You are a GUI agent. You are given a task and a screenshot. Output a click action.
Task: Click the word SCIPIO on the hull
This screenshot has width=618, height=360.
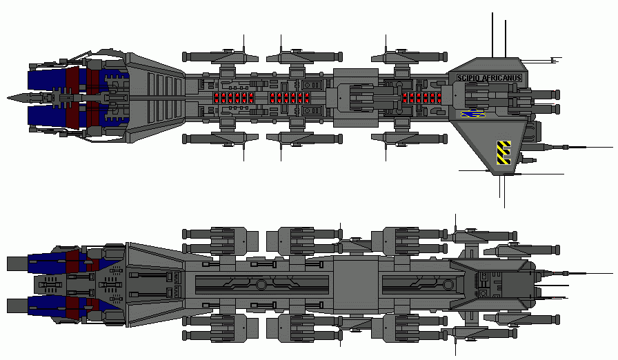(469, 79)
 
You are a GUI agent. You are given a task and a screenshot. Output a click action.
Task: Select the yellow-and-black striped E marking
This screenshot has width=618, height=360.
(504, 152)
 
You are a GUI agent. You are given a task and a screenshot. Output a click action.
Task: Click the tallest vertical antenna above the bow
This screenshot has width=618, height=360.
(492, 34)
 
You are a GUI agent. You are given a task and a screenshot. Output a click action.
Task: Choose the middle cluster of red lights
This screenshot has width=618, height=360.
(288, 97)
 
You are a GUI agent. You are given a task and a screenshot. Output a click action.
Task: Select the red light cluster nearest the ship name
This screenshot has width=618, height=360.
(421, 97)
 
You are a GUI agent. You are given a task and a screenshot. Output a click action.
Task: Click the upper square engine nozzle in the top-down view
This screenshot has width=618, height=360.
(17, 263)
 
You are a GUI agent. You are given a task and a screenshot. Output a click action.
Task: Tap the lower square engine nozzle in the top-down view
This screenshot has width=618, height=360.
(17, 305)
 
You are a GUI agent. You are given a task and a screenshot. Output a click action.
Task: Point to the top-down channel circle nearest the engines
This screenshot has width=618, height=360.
(261, 284)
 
